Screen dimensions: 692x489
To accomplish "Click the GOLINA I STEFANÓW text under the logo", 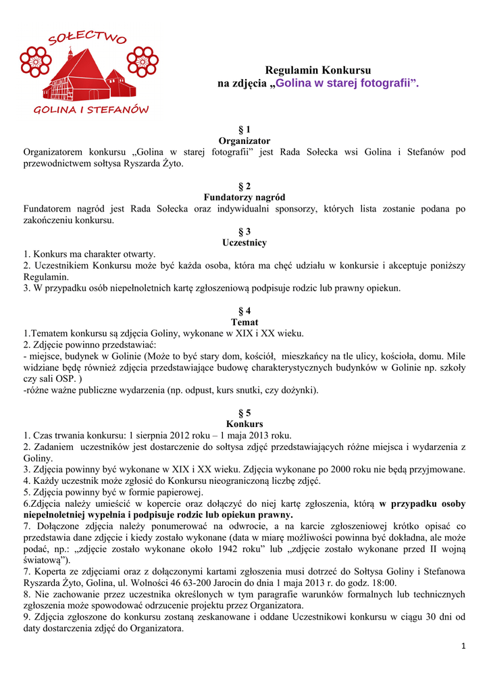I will click(91, 109).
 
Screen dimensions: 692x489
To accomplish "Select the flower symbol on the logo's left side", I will click(34, 63).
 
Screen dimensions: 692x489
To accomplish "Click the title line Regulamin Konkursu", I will click(318, 70).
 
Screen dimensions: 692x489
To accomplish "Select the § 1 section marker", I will click(244, 129).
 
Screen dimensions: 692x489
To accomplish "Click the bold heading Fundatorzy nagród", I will click(244, 197).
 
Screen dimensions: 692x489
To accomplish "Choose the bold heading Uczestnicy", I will click(244, 243).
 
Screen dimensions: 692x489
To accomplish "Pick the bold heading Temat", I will click(244, 322).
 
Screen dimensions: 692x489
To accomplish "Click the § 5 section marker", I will click(244, 413).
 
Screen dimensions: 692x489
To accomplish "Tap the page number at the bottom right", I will click(463, 647).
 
